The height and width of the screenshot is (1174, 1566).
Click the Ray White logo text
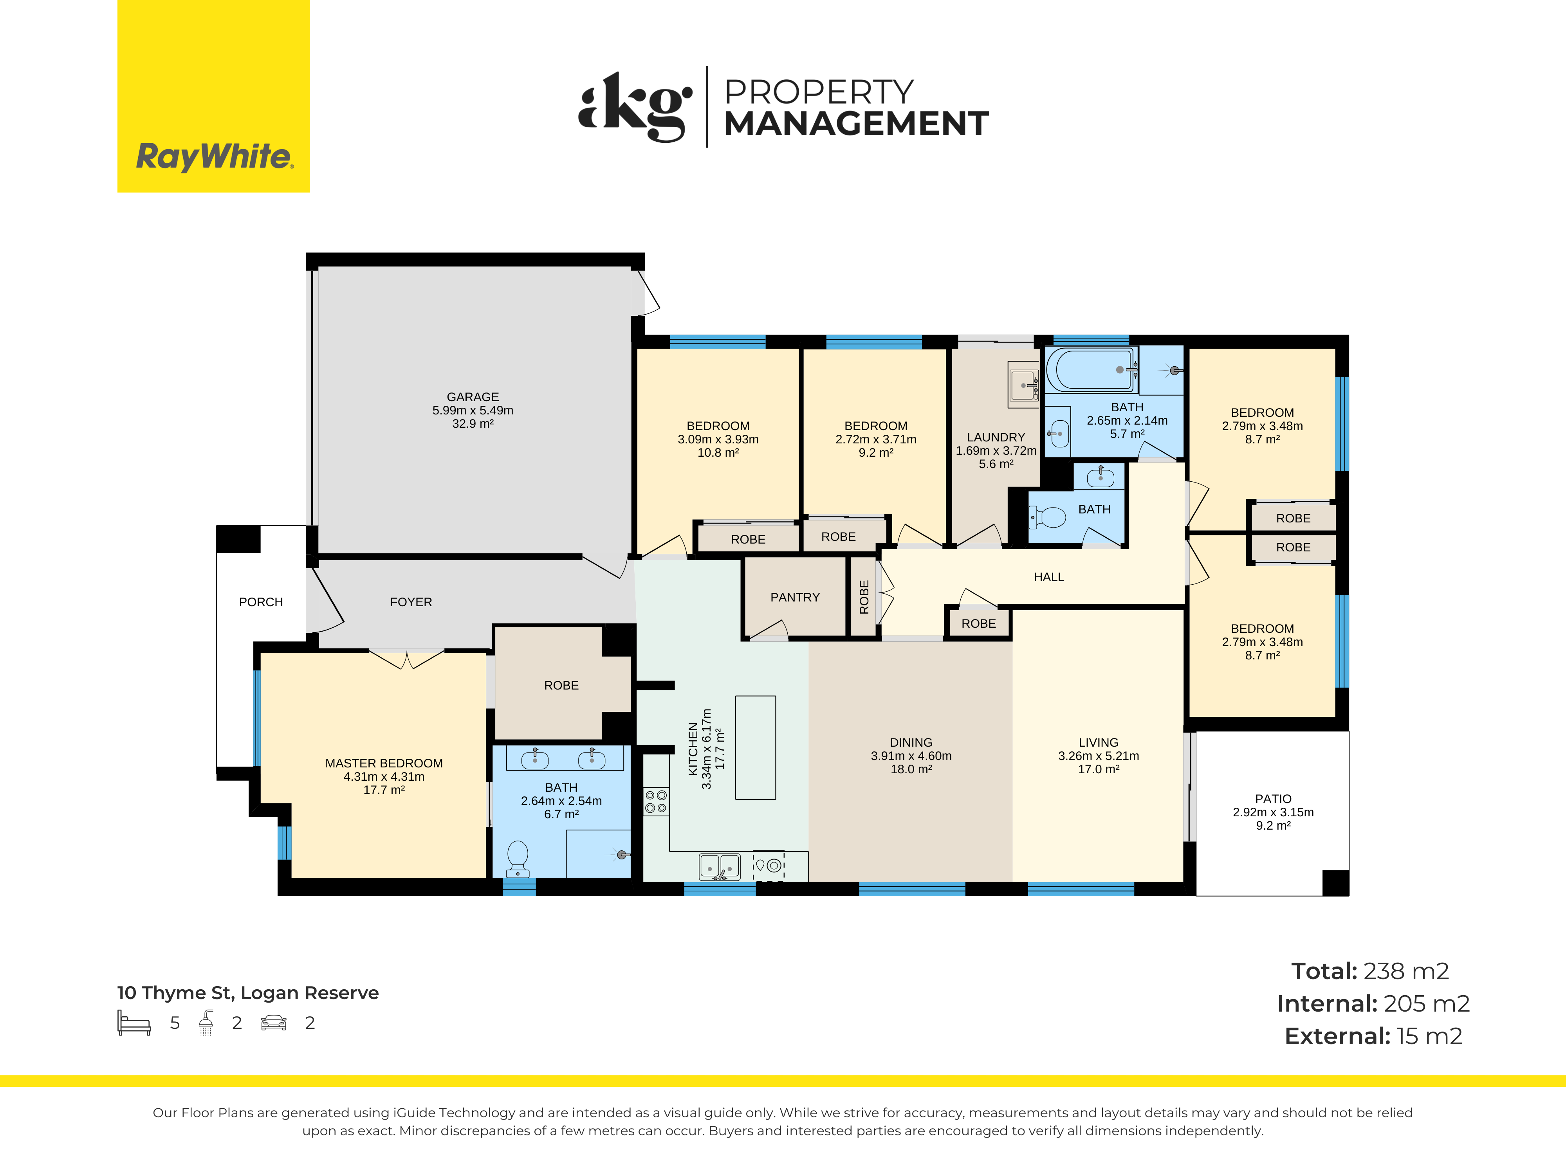[214, 157]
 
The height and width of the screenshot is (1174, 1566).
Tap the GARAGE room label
[473, 397]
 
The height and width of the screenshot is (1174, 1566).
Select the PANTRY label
[795, 597]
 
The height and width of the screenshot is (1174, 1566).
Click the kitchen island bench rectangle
[755, 747]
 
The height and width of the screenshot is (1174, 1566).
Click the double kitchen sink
[719, 866]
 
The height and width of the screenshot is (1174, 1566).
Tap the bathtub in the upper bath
[1091, 369]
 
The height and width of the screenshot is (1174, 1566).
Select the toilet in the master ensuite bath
[518, 858]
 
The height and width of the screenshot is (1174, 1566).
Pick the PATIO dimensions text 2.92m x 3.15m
[1273, 812]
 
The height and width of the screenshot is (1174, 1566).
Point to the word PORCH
[260, 602]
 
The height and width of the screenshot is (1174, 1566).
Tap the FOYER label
[411, 602]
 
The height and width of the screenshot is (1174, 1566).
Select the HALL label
[1048, 578]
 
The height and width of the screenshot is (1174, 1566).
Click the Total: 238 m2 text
[1370, 971]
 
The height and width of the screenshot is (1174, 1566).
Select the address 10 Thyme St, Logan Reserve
[248, 993]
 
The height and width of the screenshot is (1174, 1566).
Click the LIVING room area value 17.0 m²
[1098, 769]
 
